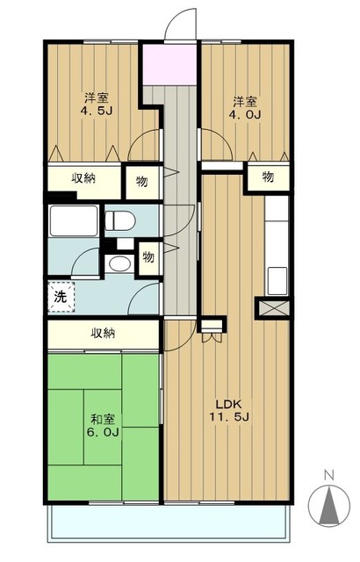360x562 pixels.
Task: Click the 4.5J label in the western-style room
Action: (97, 111)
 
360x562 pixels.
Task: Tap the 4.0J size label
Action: (245, 114)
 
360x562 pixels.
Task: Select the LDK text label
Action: (229, 404)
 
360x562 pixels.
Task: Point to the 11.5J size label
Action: (229, 417)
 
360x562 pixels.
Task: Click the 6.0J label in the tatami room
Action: (103, 432)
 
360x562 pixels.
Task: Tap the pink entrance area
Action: (169, 64)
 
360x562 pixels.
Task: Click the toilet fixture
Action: (120, 220)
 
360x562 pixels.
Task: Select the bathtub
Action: (74, 220)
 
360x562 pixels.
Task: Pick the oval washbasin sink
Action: (119, 264)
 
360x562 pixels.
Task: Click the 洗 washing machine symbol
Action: (61, 297)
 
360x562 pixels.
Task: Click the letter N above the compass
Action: (329, 475)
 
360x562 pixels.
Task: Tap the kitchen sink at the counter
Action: (277, 281)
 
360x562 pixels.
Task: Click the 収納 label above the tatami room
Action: (103, 334)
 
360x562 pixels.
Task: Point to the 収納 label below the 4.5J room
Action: (83, 177)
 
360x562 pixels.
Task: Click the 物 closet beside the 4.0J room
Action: (268, 177)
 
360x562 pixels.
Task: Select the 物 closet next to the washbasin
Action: (148, 257)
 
